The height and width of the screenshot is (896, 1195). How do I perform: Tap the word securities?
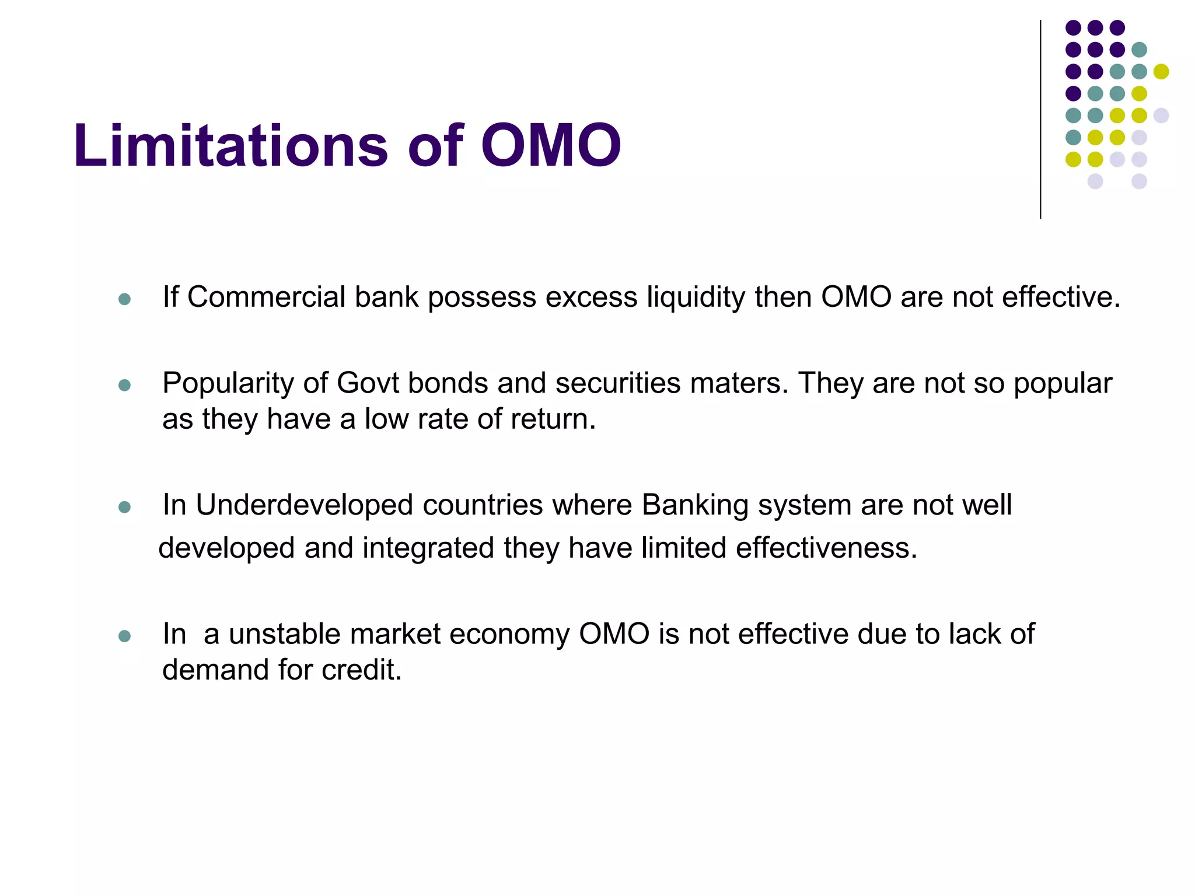[x=617, y=383]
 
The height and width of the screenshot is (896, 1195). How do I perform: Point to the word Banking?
[x=695, y=505]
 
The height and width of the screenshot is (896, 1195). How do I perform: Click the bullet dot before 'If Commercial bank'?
[x=124, y=300]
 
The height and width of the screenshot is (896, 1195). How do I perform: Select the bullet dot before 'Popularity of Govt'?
[x=124, y=386]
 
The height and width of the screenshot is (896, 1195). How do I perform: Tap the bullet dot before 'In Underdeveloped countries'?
[x=124, y=507]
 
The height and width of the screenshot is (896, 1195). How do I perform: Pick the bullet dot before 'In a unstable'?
[x=124, y=636]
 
